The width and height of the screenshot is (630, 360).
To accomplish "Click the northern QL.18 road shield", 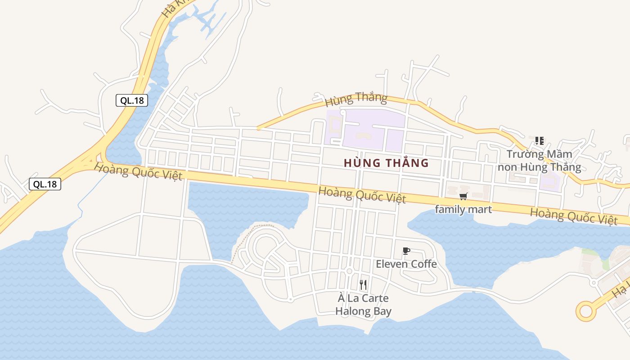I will (132, 100).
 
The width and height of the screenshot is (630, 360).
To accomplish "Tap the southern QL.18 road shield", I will (45, 184).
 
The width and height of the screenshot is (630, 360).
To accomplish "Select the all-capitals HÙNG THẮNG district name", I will (386, 163).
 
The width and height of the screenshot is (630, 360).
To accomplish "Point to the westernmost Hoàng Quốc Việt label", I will (138, 172).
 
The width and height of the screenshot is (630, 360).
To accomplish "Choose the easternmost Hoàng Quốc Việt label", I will (573, 216).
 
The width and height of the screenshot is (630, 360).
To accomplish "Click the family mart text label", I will (463, 209).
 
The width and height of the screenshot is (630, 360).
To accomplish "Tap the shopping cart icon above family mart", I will (463, 196).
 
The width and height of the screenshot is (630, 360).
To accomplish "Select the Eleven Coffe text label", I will (406, 264).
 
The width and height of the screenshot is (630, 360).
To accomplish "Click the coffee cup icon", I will (406, 251).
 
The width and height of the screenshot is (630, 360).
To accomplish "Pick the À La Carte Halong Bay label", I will (363, 305).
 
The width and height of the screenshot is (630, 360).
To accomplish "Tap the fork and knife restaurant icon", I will (363, 284).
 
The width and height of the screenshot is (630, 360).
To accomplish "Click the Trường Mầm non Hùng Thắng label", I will (539, 161).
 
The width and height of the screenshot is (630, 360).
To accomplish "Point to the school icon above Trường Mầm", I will (539, 141).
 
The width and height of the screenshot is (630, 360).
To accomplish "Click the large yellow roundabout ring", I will (586, 311).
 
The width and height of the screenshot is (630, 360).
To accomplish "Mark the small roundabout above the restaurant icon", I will (349, 271).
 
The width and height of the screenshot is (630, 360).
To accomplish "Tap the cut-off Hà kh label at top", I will (173, 9).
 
